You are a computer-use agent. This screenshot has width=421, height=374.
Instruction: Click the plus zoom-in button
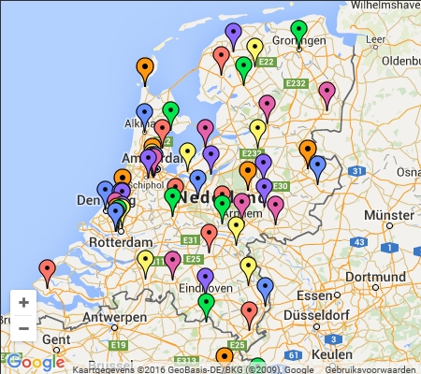(x=23, y=302)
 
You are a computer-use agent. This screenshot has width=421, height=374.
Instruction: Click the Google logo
(x=36, y=362)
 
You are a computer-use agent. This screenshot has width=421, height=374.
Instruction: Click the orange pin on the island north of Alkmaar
(x=145, y=67)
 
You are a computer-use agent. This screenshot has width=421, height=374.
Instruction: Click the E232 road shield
(x=298, y=84)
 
